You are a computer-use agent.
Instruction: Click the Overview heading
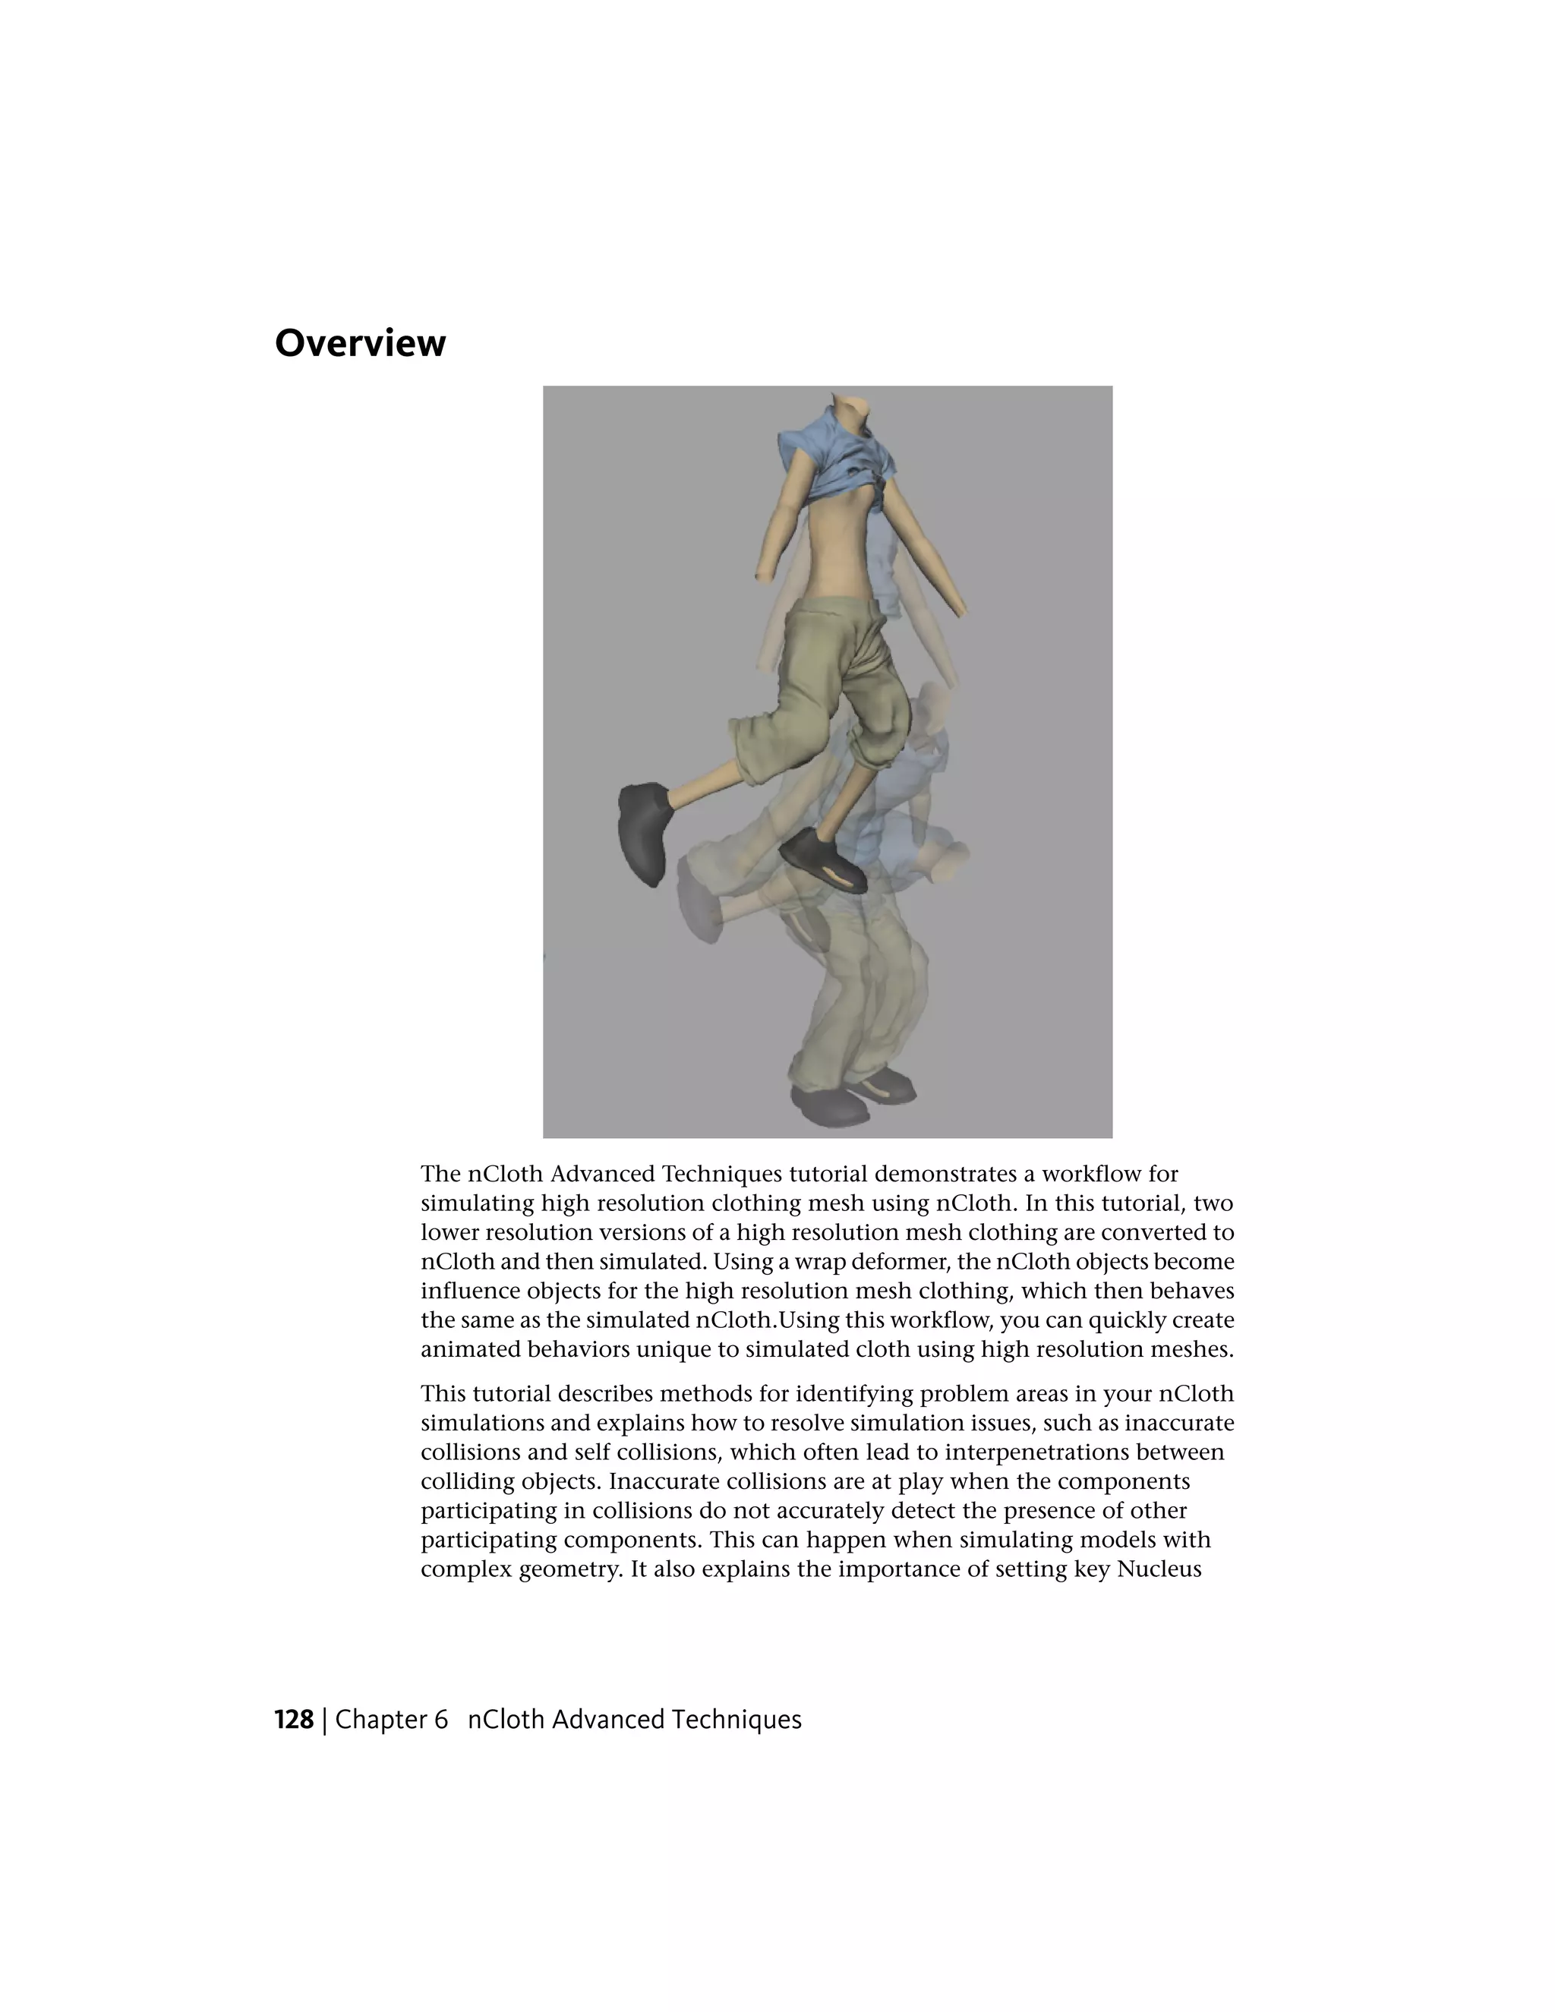click(x=360, y=344)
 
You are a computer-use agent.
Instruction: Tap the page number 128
click(x=294, y=1720)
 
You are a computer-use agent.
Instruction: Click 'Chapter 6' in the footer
click(x=392, y=1720)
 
